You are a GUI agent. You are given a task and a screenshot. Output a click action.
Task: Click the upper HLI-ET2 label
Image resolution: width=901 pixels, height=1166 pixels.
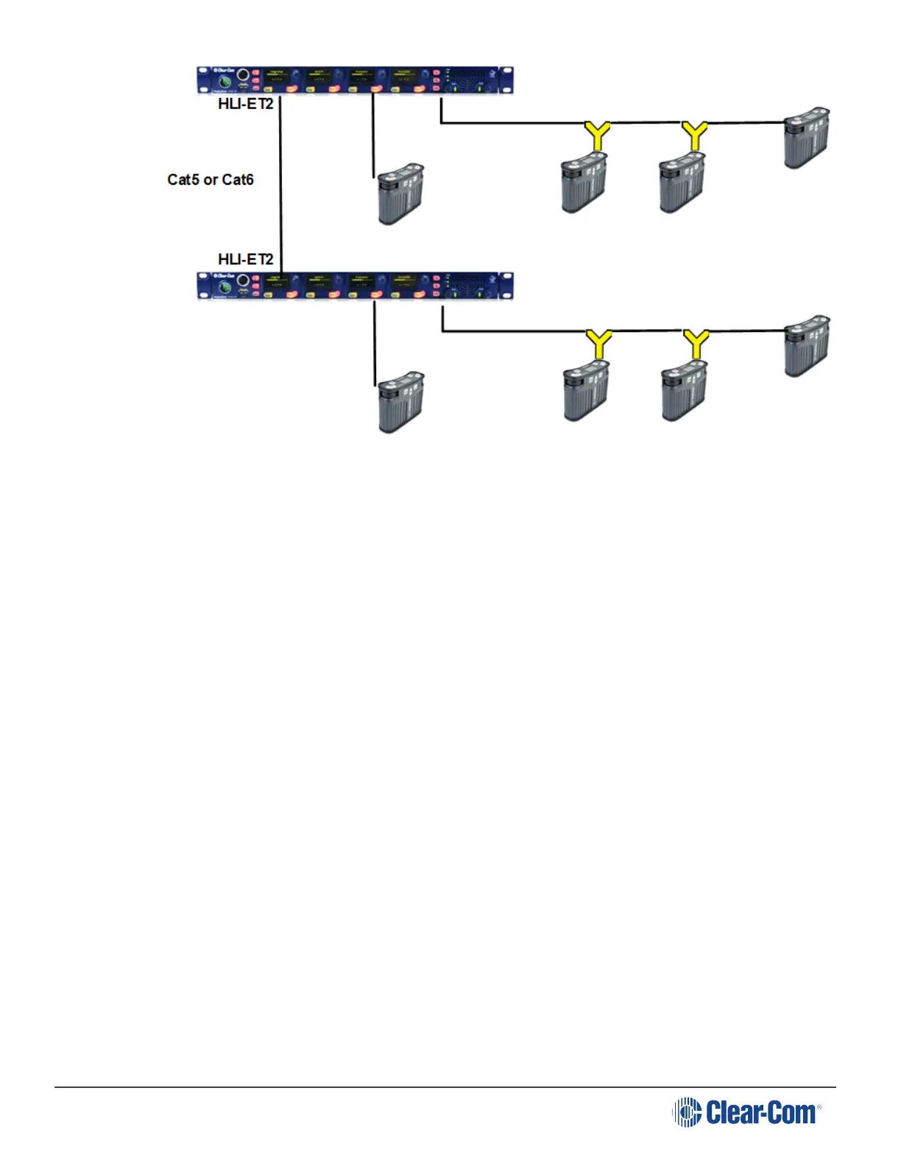pyautogui.click(x=245, y=105)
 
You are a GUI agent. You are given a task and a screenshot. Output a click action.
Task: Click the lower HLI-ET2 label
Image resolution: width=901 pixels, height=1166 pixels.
pyautogui.click(x=245, y=259)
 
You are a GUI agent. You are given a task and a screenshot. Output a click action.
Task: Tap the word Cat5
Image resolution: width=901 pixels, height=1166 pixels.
pyautogui.click(x=183, y=180)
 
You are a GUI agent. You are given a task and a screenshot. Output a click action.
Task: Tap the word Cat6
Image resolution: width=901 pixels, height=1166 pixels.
pyautogui.click(x=238, y=180)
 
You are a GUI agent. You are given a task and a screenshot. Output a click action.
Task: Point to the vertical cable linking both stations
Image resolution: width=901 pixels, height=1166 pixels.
pyautogui.click(x=281, y=184)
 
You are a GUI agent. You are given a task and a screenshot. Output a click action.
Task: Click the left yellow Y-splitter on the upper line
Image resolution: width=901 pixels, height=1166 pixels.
pyautogui.click(x=598, y=136)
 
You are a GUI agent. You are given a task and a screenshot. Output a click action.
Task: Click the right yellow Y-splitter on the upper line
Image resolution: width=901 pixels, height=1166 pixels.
pyautogui.click(x=695, y=136)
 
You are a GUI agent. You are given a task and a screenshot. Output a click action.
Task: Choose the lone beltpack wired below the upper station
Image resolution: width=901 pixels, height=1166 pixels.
pyautogui.click(x=400, y=194)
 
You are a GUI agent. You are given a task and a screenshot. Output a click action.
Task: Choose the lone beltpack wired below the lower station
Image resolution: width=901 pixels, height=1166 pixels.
pyautogui.click(x=400, y=402)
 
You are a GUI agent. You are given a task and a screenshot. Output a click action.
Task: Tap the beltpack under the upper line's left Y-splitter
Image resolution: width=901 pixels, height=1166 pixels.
pyautogui.click(x=584, y=183)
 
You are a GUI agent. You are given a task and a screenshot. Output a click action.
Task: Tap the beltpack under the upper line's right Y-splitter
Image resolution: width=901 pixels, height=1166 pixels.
pyautogui.click(x=682, y=183)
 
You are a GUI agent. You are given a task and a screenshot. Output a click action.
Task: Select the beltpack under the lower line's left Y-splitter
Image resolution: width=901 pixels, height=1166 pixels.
pyautogui.click(x=586, y=391)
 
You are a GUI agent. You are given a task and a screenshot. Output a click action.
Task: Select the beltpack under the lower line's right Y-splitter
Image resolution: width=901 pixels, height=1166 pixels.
pyautogui.click(x=684, y=391)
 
